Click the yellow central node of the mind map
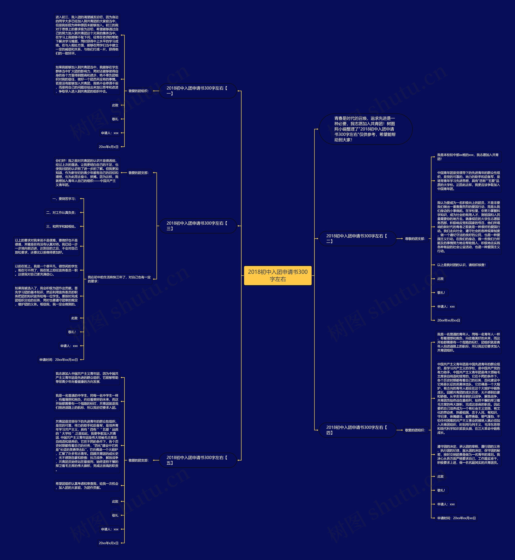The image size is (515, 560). click(x=278, y=275)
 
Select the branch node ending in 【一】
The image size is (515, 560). click(x=198, y=91)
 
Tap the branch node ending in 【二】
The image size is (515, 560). click(x=357, y=238)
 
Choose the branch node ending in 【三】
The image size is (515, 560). click(x=198, y=226)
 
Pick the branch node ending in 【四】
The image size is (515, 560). click(x=357, y=430)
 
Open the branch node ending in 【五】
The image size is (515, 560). click(x=198, y=460)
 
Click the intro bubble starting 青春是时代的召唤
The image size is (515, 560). click(x=365, y=129)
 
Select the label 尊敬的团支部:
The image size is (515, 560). click(x=415, y=239)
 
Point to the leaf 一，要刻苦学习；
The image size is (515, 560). click(x=64, y=199)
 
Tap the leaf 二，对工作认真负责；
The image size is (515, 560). click(x=61, y=213)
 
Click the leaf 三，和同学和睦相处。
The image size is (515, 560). click(x=61, y=226)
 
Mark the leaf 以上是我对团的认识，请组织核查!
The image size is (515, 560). click(x=461, y=265)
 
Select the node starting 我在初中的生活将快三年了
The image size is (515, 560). click(x=119, y=279)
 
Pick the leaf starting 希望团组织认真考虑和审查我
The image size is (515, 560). click(x=87, y=486)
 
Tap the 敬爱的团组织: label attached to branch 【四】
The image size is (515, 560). click(x=415, y=430)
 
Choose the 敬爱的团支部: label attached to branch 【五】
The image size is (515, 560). click(x=138, y=460)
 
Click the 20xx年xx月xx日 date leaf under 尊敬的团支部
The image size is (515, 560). click(x=448, y=320)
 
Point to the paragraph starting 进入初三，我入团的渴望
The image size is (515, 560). click(x=87, y=35)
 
